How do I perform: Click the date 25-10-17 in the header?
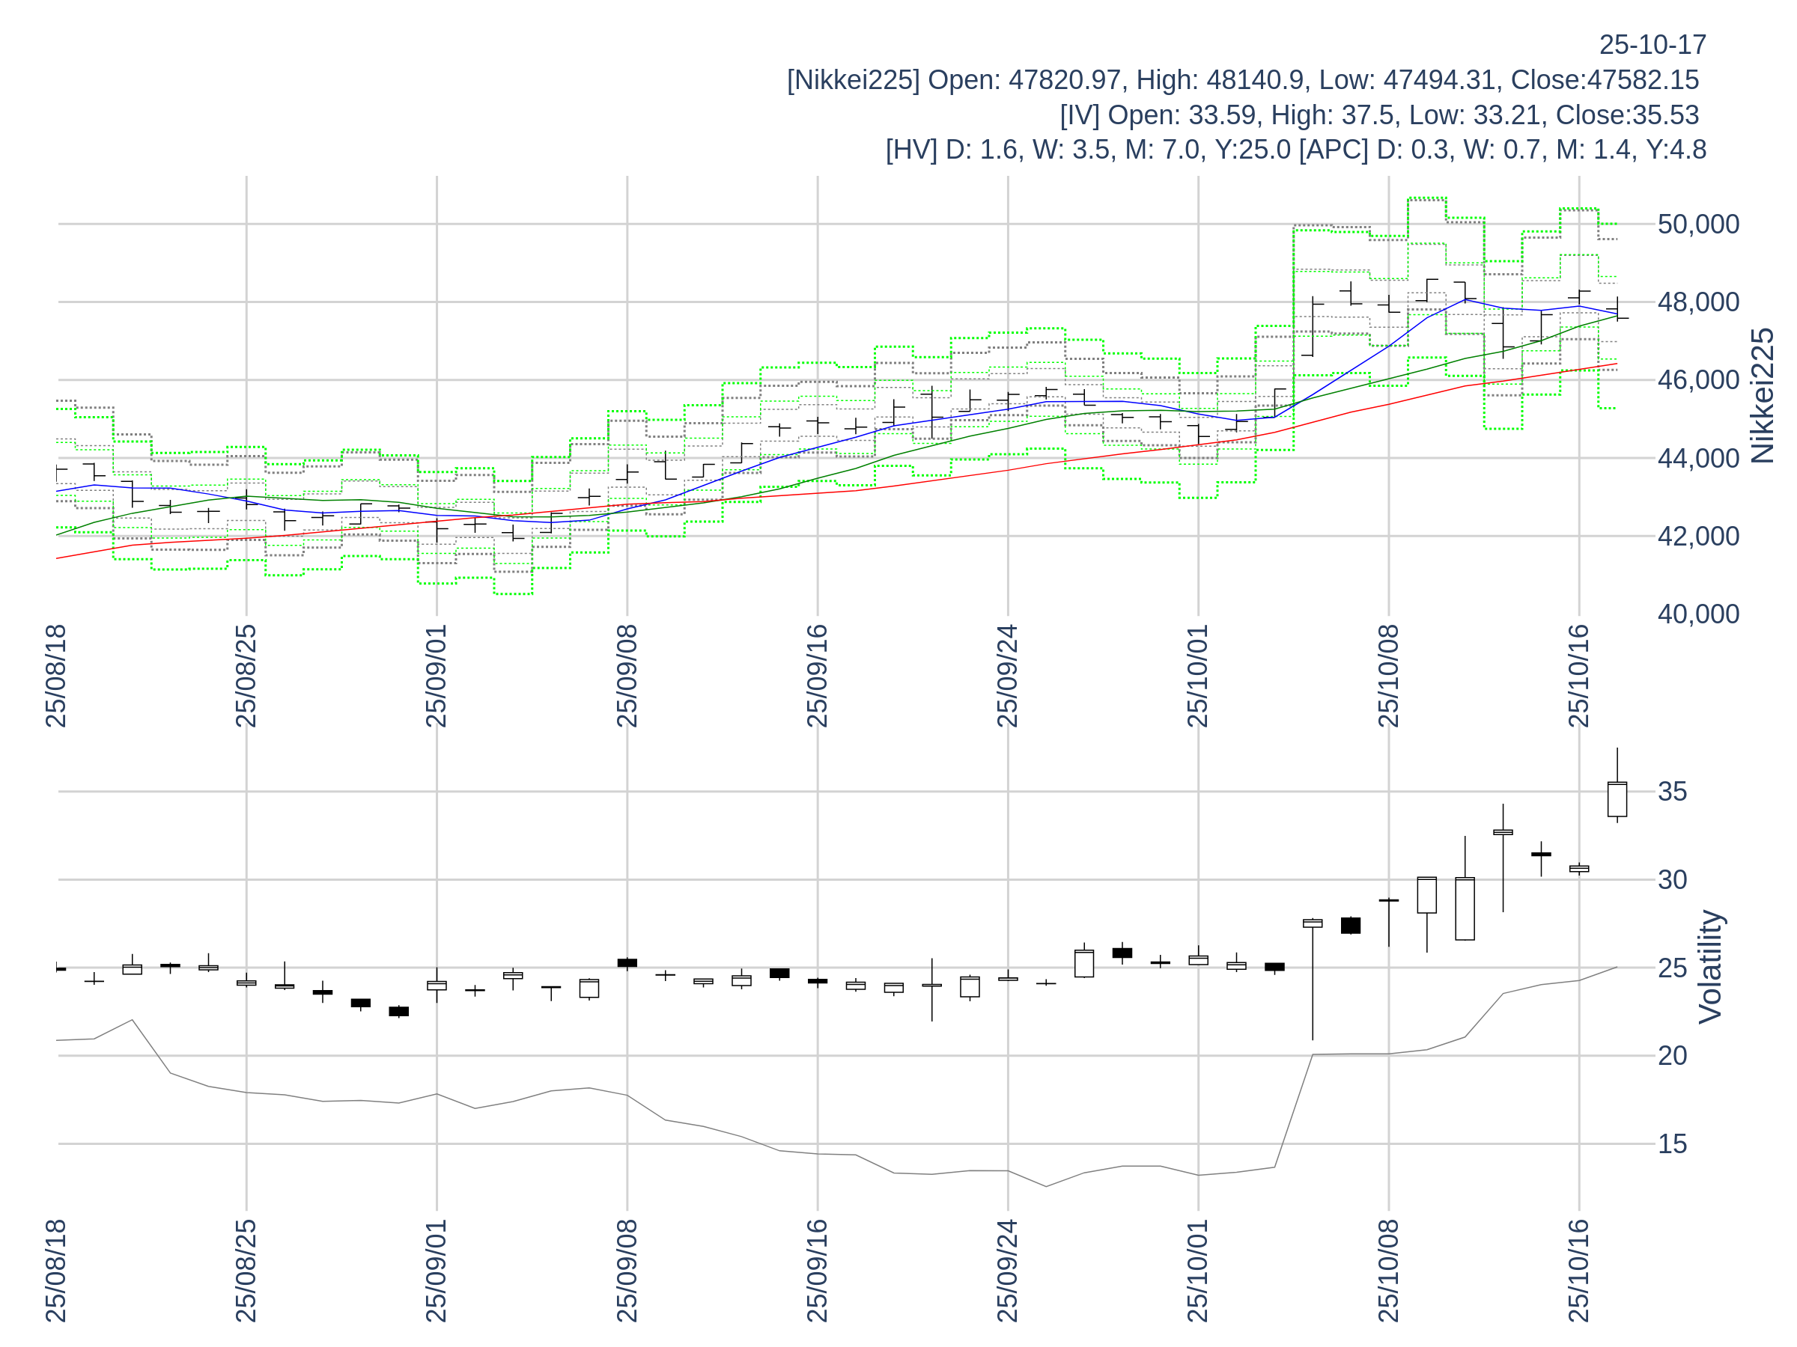[x=1652, y=46]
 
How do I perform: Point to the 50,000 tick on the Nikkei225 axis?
[x=1698, y=224]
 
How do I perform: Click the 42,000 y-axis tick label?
[x=1698, y=536]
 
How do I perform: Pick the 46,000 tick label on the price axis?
[x=1698, y=380]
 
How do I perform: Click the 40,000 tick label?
[x=1698, y=614]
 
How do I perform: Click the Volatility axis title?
[x=1710, y=967]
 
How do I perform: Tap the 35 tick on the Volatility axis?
[x=1672, y=792]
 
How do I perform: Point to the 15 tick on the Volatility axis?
[x=1672, y=1144]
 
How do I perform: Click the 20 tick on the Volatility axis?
[x=1672, y=1055]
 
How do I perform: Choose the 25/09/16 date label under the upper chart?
[x=818, y=676]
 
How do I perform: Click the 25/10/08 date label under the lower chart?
[x=1388, y=1270]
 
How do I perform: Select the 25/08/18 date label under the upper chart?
[x=56, y=676]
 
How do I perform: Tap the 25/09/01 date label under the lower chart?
[x=437, y=1270]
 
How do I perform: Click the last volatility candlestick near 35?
[x=1617, y=800]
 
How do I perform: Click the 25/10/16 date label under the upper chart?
[x=1578, y=676]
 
